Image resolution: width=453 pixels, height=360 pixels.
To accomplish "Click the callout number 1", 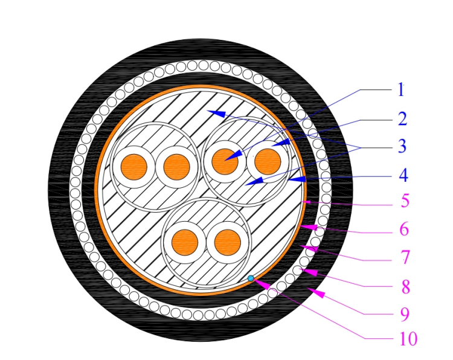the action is coord(401,89).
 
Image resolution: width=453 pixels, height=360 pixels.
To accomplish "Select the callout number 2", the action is coord(402,119).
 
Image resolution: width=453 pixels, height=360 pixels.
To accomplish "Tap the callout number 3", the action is coord(402,146).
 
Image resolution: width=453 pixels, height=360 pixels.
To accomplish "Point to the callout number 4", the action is coord(403,175).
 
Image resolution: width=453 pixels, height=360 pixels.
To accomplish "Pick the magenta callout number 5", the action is coord(405,201).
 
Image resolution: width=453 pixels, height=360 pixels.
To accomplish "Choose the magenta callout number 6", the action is coord(404,229).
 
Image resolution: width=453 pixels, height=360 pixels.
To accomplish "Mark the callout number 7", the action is coord(406,257).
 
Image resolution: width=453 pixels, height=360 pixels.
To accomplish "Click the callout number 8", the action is coord(406,287).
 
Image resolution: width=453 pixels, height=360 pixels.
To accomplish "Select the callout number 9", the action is coord(405,314).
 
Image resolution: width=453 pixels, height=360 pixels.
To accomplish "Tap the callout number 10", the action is coord(408,339).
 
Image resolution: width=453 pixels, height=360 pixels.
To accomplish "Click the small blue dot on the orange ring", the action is coord(251,278).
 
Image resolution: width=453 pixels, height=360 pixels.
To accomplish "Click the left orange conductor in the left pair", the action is coord(133,167).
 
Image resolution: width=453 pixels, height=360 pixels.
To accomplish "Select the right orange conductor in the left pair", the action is coord(176,167).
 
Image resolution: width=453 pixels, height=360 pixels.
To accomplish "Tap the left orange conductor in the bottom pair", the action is coord(185,243).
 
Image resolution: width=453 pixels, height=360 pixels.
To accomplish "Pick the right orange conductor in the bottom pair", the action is coord(228,243).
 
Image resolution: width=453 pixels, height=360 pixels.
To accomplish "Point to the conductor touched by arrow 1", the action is coord(225,162).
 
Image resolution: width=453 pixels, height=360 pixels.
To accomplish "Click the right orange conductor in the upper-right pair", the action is coord(268,162).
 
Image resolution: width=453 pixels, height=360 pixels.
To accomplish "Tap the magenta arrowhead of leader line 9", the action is coord(316,292).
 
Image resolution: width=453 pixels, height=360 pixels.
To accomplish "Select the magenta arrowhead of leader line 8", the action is coord(309,272).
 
